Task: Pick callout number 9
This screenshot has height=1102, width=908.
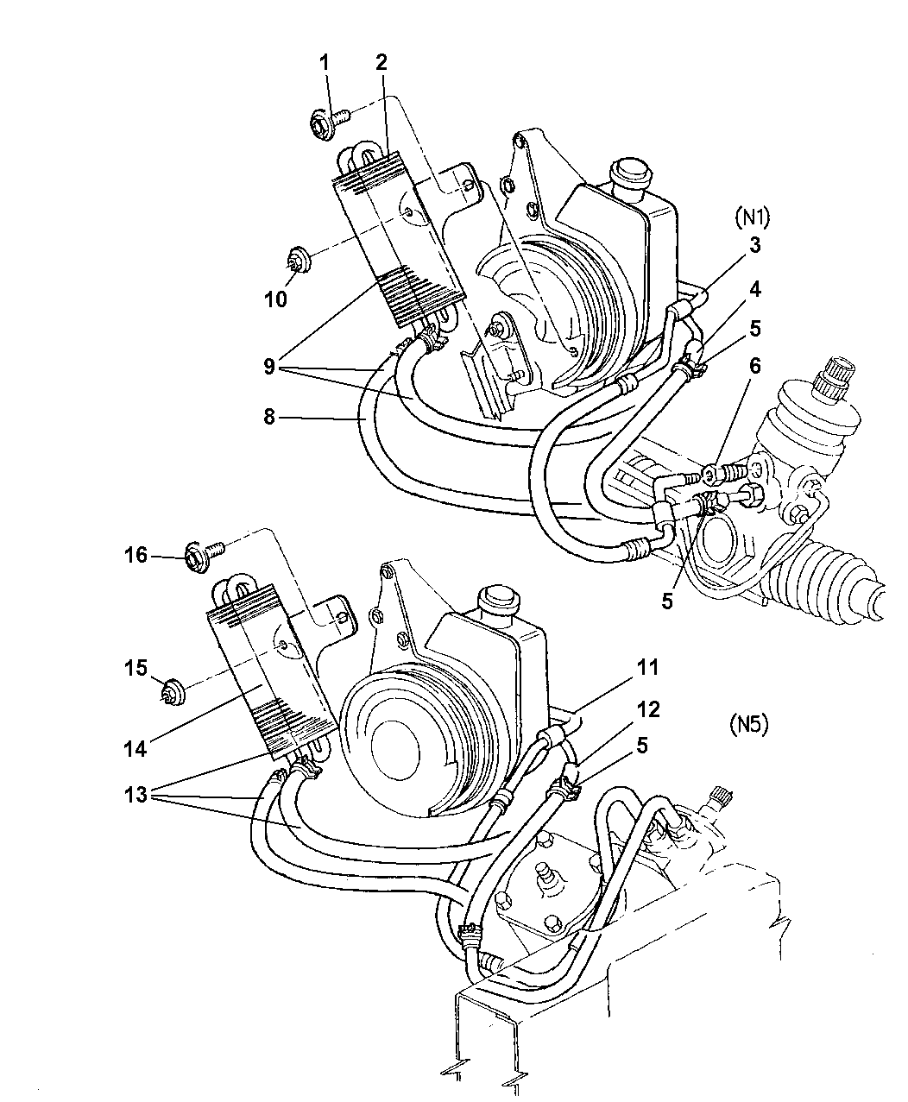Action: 268,367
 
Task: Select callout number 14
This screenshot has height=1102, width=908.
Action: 135,747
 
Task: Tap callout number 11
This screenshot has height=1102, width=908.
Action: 648,667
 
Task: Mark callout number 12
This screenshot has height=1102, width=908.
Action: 647,709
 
